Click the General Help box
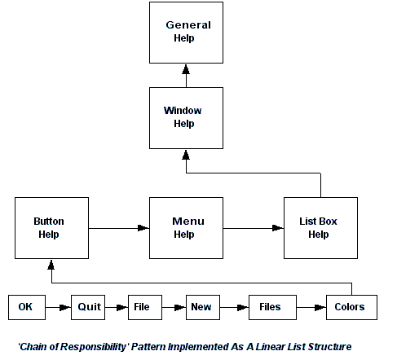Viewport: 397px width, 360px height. pyautogui.click(x=186, y=33)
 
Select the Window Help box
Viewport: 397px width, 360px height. pyautogui.click(x=186, y=118)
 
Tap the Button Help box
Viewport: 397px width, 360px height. pyautogui.click(x=51, y=228)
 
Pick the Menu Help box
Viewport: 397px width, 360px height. pyautogui.click(x=186, y=228)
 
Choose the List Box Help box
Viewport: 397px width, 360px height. pyautogui.click(x=320, y=228)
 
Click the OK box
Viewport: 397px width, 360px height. pyautogui.click(x=27, y=307)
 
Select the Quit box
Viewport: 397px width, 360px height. pyautogui.click(x=88, y=307)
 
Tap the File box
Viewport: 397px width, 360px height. pyautogui.click(x=145, y=307)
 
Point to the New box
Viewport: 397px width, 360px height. pyautogui.click(x=203, y=307)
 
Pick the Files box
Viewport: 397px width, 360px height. pyautogui.click(x=272, y=307)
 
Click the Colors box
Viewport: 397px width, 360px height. pyautogui.click(x=351, y=307)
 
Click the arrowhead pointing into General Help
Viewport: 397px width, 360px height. pyautogui.click(x=186, y=69)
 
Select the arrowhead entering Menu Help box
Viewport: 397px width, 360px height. pyautogui.click(x=143, y=228)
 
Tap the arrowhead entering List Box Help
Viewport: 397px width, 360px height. pyautogui.click(x=278, y=228)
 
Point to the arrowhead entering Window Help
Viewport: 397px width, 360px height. pyautogui.click(x=186, y=155)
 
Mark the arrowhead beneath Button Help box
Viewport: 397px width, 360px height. pyautogui.click(x=51, y=265)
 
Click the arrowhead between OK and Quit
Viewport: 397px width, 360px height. pyautogui.click(x=65, y=308)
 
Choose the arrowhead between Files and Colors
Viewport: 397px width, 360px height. pyautogui.click(x=320, y=308)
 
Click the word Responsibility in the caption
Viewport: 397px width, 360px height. pyautogui.click(x=93, y=347)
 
